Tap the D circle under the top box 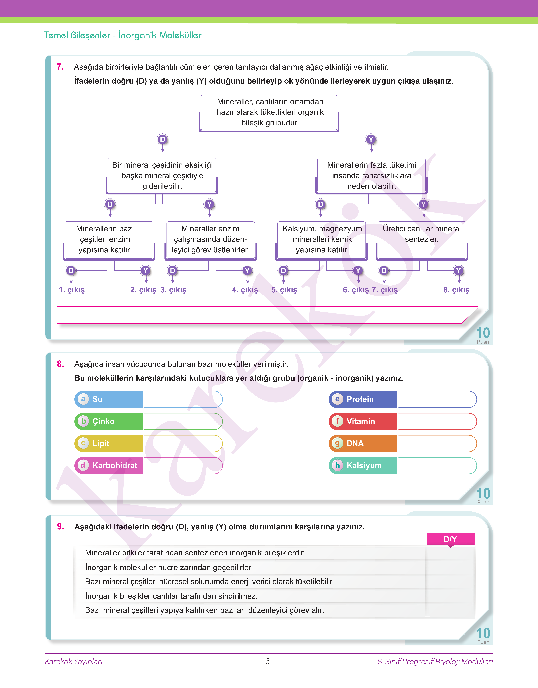click(162, 139)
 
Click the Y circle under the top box click(371, 139)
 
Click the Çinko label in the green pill click(103, 421)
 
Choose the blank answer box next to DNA click(437, 443)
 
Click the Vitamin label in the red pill click(361, 421)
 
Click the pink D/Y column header click(450, 539)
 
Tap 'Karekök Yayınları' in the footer click(74, 662)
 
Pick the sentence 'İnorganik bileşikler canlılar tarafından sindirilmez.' click(171, 596)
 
